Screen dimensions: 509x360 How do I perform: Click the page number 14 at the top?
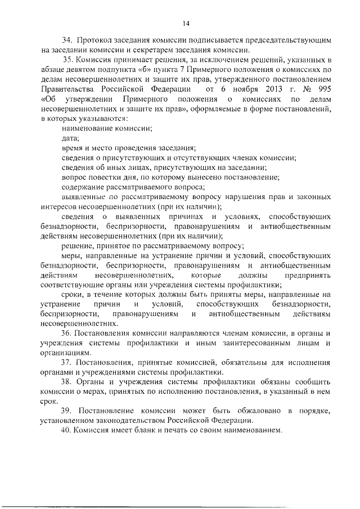186,23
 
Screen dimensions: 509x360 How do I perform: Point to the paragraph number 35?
67,60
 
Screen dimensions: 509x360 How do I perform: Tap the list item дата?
70,138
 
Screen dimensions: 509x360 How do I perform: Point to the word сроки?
73,294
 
